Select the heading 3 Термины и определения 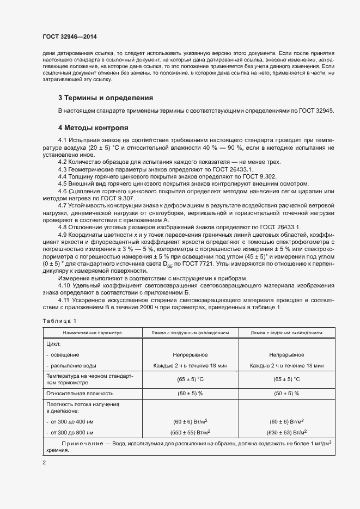click(x=105, y=98)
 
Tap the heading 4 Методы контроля click(x=93, y=128)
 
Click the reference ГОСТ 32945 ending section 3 click(x=316, y=111)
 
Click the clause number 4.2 click(x=63, y=162)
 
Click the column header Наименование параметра click(x=92, y=332)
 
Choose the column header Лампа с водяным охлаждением click(x=286, y=332)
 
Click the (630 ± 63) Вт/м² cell click(x=286, y=432)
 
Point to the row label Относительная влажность click(x=80, y=393)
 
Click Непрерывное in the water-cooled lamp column click(x=286, y=354)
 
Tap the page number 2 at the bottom click(x=44, y=463)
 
